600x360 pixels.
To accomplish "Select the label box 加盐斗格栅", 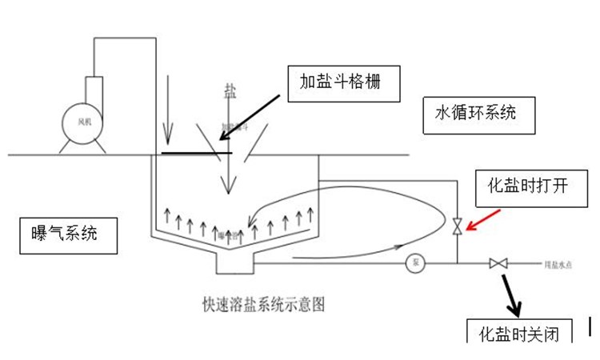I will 343,81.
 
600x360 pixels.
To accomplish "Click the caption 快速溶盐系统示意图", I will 265,304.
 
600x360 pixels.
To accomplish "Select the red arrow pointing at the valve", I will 483,220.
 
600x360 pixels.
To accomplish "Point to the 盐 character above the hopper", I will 230,93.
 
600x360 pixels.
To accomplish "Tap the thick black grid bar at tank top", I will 196,152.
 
